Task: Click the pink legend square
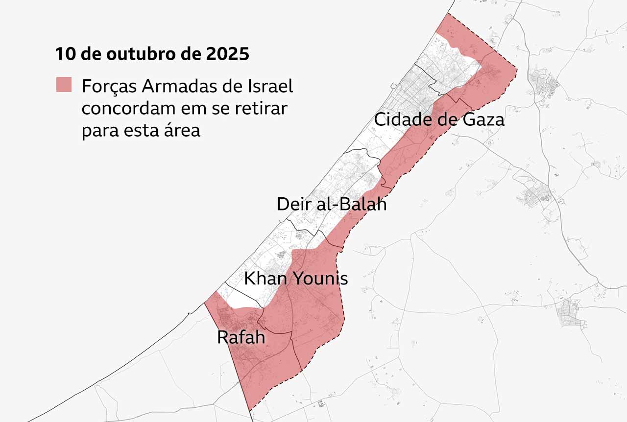coord(64,85)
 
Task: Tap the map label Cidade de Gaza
coord(439,119)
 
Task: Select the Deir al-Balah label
coord(332,204)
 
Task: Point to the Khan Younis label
coord(296,279)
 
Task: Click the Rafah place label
coord(241,337)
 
